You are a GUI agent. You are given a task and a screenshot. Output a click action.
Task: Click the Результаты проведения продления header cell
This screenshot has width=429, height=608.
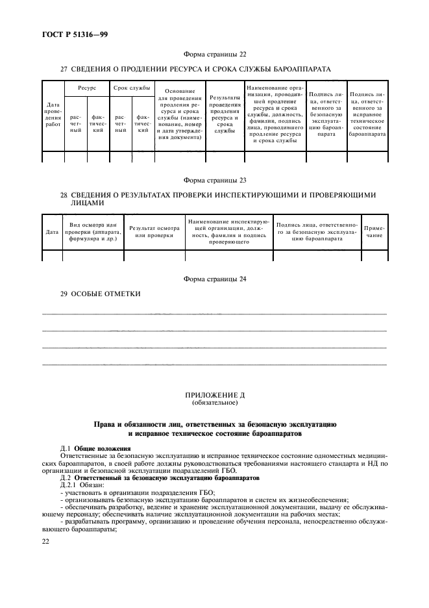[225, 115]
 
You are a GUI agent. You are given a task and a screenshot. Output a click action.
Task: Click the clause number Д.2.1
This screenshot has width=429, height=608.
[69, 485]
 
